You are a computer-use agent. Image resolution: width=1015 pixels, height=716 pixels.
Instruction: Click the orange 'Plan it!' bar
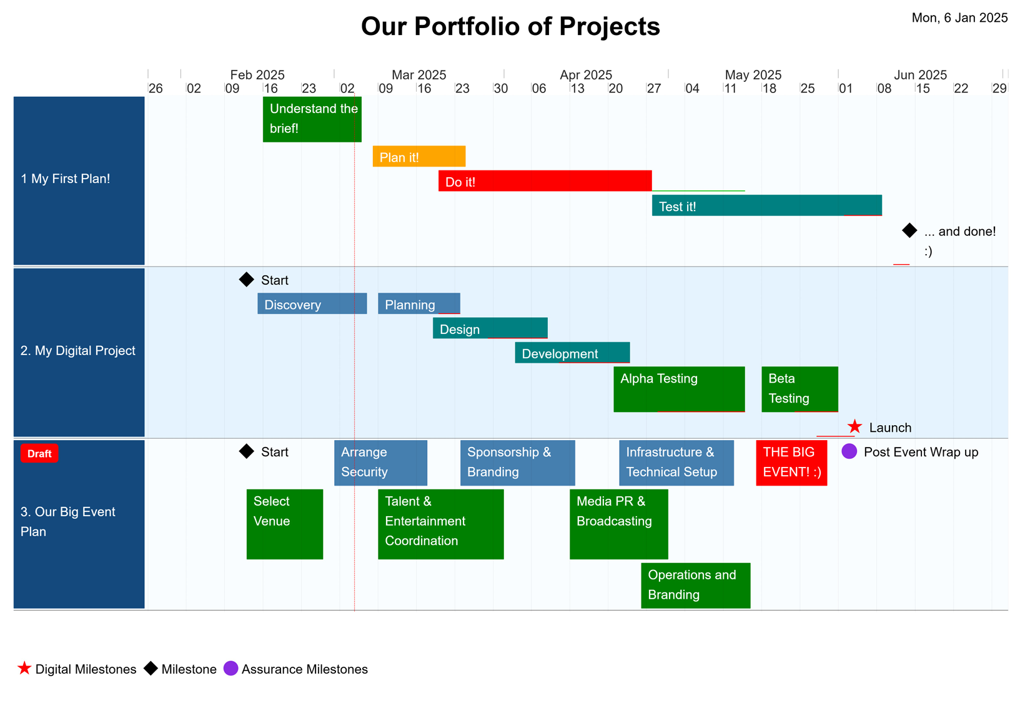coord(418,156)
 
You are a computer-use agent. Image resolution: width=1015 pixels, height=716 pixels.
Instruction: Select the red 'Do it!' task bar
coord(545,180)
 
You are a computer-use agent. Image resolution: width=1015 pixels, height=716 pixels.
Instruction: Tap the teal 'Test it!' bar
coord(766,205)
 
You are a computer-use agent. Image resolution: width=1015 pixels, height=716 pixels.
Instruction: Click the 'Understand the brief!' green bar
coord(312,119)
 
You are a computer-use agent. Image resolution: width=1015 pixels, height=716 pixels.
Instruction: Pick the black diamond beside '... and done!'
coord(909,230)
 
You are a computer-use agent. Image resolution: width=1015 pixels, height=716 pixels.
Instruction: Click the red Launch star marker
coord(854,426)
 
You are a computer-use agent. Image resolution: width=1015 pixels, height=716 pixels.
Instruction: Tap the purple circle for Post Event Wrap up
coord(849,451)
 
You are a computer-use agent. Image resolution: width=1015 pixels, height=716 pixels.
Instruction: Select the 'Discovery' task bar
coord(312,303)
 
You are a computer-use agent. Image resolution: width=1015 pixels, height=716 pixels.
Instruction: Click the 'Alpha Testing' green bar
coord(679,389)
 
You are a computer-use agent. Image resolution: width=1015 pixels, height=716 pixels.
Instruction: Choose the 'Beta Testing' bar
coord(800,389)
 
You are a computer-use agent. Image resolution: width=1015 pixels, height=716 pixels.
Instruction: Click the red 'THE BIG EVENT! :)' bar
coord(791,463)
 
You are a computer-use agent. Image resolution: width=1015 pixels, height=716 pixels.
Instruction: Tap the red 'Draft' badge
coord(39,453)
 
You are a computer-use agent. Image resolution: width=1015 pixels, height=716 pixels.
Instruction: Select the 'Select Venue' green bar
coord(285,524)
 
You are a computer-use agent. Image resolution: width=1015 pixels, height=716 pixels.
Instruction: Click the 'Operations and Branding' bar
coord(696,586)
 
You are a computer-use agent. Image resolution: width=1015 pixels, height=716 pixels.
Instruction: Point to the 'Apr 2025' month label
coord(585,75)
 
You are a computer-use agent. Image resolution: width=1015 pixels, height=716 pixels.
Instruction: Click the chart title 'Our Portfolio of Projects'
coord(510,26)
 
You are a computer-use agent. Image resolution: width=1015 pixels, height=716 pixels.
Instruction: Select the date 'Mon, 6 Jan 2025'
coord(959,17)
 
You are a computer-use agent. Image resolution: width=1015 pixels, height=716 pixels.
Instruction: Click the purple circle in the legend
coord(230,669)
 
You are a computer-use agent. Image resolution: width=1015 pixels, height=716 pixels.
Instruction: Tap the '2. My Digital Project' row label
coord(77,351)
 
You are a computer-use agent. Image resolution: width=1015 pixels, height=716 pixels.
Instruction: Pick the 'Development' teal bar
coord(572,352)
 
